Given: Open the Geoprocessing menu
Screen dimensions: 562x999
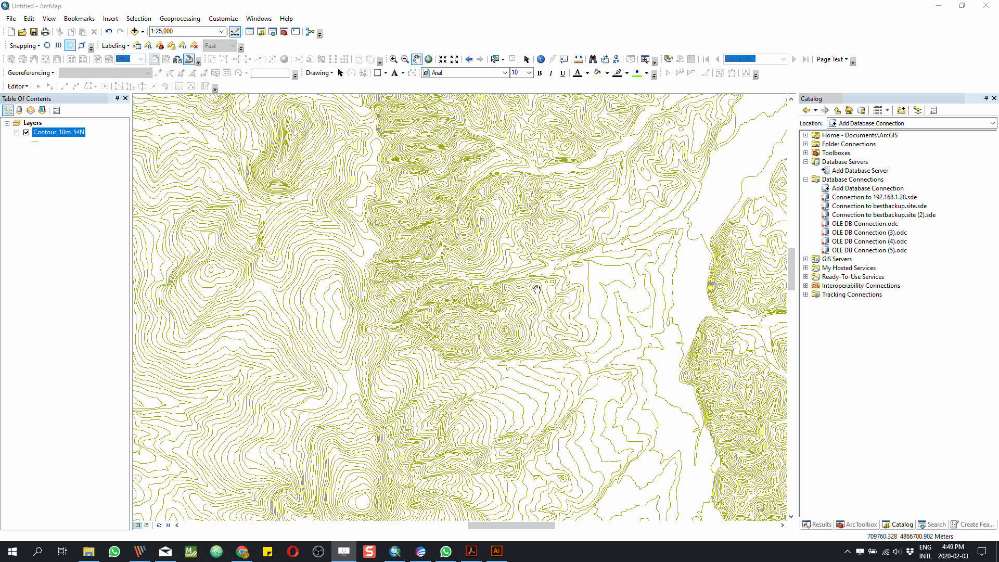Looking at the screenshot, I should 180,19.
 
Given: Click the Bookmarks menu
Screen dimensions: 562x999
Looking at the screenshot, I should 79,19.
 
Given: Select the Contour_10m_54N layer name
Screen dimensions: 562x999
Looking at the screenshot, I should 58,132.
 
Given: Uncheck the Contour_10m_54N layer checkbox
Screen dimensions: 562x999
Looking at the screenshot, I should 27,132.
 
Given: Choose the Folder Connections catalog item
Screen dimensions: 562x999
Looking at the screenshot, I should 848,144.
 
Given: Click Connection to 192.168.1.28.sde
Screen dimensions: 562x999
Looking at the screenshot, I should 874,197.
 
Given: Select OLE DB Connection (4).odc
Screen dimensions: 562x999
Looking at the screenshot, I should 869,241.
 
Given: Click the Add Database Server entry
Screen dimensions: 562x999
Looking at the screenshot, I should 860,171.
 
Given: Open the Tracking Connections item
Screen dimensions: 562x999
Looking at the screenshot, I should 852,295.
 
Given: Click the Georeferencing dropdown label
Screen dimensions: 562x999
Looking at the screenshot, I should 31,73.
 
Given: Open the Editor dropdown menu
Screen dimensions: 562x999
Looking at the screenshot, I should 18,86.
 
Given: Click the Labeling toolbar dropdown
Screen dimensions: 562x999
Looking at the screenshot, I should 116,46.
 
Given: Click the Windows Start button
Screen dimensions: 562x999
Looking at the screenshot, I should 12,552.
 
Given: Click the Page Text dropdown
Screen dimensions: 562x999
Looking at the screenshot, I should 832,59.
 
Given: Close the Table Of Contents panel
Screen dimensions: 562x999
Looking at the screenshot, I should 125,98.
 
